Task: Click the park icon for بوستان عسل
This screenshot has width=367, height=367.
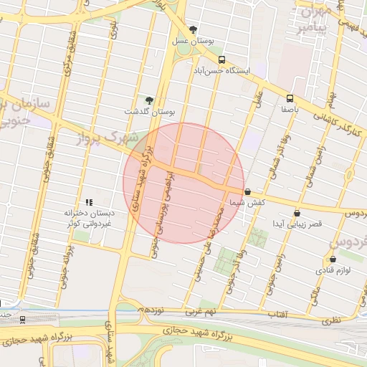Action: tap(193, 29)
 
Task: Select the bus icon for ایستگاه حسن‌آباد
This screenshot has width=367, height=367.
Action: tap(221, 60)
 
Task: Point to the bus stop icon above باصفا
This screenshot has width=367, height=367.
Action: tap(290, 98)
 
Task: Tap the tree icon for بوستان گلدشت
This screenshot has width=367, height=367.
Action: tap(149, 100)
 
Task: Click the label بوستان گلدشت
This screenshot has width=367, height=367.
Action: tap(150, 113)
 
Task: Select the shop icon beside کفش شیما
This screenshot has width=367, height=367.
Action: tap(247, 192)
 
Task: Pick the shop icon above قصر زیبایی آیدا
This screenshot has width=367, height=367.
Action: tap(297, 213)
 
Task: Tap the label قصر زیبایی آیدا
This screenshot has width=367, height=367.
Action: tap(296, 225)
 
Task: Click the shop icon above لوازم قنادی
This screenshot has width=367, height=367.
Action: tap(333, 259)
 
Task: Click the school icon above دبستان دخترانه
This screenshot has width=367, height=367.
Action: tap(89, 203)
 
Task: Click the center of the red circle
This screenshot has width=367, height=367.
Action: tap(183, 183)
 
